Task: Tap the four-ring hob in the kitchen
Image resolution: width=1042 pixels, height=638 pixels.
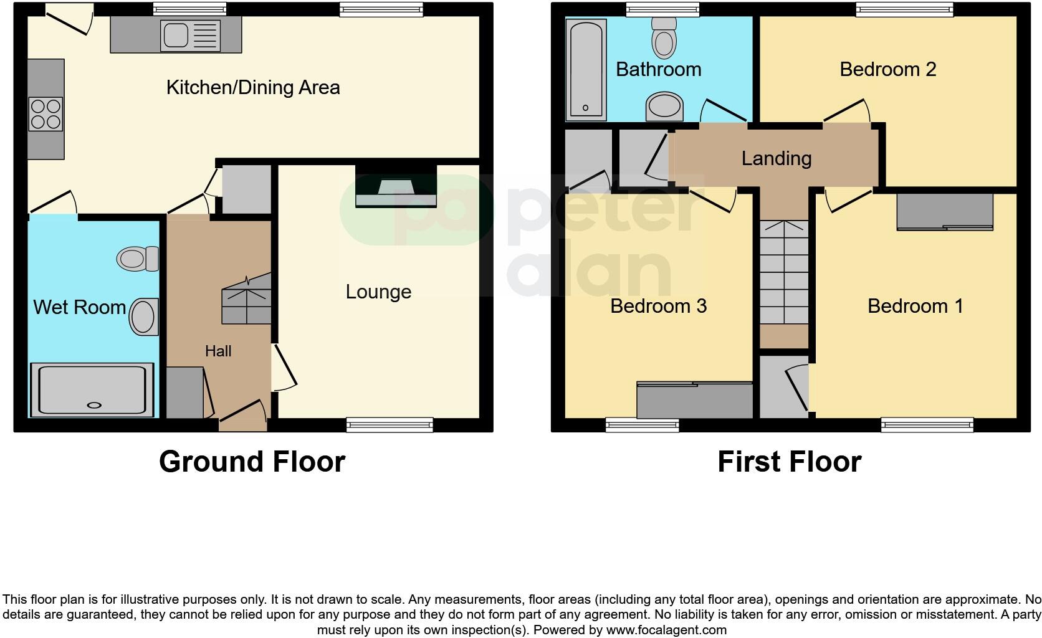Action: tap(45, 115)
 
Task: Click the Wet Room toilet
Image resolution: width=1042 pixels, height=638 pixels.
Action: tap(138, 259)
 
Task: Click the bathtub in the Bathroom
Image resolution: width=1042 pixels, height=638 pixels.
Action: tap(586, 69)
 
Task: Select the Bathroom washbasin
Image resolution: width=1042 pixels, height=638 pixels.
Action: tap(664, 107)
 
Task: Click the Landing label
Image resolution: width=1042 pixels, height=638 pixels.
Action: tap(776, 158)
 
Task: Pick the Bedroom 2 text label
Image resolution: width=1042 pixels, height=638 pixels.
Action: tap(887, 69)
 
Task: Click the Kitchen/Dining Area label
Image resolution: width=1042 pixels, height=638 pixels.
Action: tap(252, 87)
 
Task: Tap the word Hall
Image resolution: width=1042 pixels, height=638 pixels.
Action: tap(218, 351)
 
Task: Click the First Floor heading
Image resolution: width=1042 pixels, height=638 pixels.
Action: tap(789, 462)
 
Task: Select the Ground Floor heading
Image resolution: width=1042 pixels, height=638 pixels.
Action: tap(252, 462)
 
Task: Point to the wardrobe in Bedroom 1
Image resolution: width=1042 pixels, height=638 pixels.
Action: tap(944, 212)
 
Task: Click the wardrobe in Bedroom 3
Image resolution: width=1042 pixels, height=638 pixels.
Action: tap(694, 401)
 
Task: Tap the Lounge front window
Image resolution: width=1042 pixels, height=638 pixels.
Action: tap(390, 425)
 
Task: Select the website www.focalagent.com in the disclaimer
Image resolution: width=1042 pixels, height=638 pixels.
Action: tap(666, 630)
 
